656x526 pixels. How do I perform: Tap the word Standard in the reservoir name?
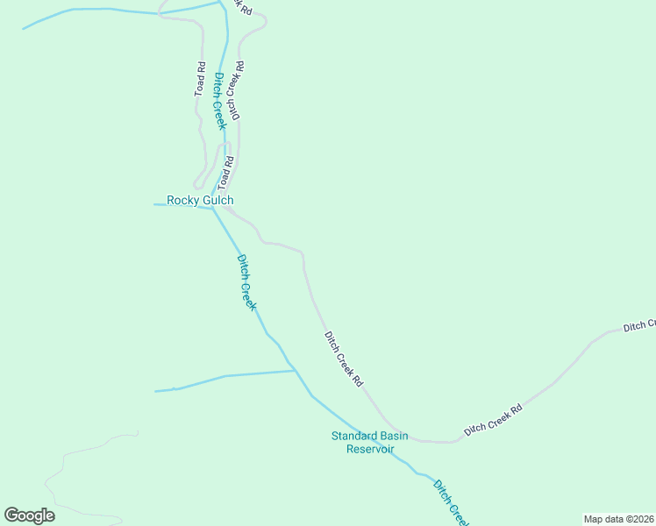[354, 436]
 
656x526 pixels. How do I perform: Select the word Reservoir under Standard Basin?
[370, 449]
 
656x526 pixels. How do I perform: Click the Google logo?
[29, 515]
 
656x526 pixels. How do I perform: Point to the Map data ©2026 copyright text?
[618, 519]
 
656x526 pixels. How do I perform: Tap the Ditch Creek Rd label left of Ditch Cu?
[494, 419]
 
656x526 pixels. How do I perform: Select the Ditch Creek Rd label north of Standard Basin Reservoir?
[344, 359]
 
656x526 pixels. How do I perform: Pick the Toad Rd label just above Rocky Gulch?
[227, 173]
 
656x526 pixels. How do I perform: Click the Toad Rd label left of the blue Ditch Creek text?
[201, 78]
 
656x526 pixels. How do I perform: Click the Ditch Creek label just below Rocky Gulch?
[246, 282]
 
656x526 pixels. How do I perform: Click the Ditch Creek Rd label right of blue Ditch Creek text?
[235, 90]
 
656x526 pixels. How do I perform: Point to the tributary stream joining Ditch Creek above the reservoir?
[228, 376]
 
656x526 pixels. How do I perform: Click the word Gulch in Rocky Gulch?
[217, 201]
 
